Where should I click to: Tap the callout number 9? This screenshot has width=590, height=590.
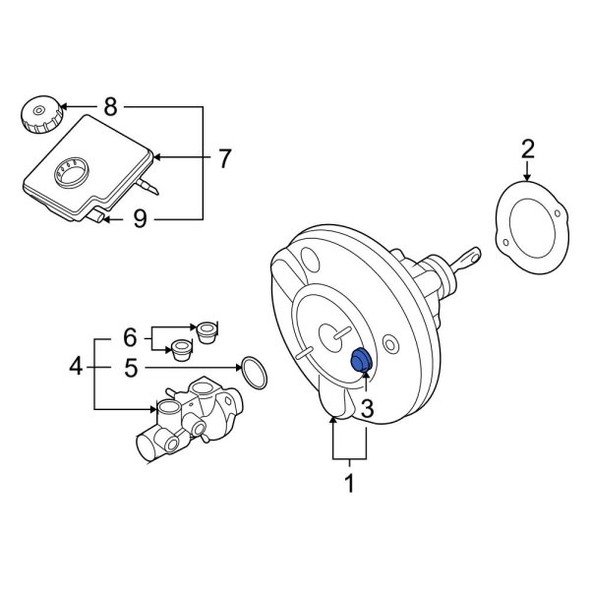[140, 218]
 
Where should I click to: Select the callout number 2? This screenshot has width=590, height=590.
[528, 148]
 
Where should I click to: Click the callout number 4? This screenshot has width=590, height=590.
[76, 369]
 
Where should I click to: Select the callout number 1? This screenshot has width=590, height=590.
[347, 484]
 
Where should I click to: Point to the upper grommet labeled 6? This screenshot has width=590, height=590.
[206, 330]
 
